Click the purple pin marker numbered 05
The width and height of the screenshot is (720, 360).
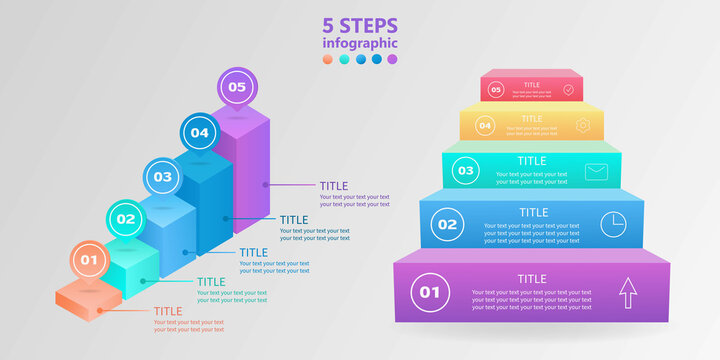pyautogui.click(x=236, y=88)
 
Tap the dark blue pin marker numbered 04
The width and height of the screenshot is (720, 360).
pyautogui.click(x=199, y=132)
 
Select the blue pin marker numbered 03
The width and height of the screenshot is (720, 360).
pyautogui.click(x=162, y=177)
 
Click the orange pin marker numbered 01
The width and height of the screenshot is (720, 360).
pyautogui.click(x=89, y=261)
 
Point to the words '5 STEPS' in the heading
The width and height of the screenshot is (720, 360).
pyautogui.click(x=360, y=26)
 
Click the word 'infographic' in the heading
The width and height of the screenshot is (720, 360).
pyautogui.click(x=360, y=43)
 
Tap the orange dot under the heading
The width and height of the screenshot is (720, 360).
pyautogui.click(x=328, y=60)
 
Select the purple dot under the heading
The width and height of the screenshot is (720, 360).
pyautogui.click(x=392, y=60)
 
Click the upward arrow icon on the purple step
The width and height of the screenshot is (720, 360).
pyautogui.click(x=627, y=293)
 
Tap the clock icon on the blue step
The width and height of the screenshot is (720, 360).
pyautogui.click(x=612, y=225)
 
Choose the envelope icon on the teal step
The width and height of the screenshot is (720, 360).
pyautogui.click(x=597, y=171)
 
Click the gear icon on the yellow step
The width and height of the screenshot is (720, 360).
pyautogui.click(x=584, y=126)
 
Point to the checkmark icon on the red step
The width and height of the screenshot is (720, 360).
pyautogui.click(x=568, y=90)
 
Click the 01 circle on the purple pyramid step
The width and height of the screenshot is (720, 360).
pyautogui.click(x=430, y=293)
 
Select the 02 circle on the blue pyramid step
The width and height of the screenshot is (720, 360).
pyautogui.click(x=447, y=225)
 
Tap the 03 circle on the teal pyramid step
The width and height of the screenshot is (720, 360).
pyautogui.click(x=465, y=171)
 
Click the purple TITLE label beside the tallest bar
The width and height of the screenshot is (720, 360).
pyautogui.click(x=334, y=186)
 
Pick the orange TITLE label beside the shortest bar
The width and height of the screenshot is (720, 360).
pyautogui.click(x=168, y=311)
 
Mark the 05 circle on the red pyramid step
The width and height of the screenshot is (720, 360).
pyautogui.click(x=495, y=90)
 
